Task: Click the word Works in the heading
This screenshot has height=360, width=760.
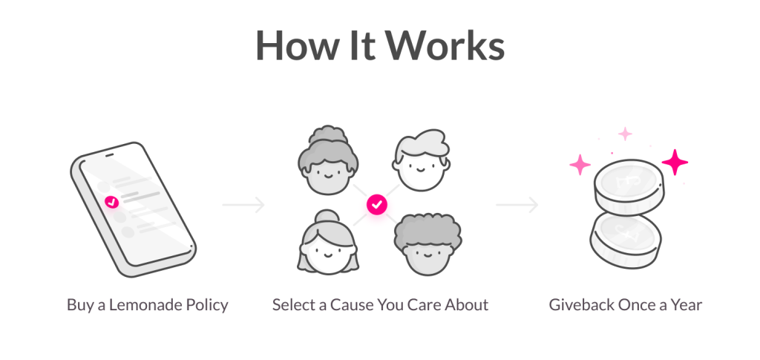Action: [445, 45]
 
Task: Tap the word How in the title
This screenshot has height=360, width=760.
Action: [295, 45]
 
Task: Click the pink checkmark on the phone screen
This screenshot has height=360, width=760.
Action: [112, 202]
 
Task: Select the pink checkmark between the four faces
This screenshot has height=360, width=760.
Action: [377, 204]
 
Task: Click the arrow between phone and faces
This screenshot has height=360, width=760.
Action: [243, 205]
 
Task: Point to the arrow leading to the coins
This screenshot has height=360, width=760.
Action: [517, 205]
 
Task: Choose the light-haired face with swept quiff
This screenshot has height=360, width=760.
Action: [421, 160]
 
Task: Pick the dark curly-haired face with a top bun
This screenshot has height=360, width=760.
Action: [328, 160]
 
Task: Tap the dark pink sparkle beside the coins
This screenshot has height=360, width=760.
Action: [675, 163]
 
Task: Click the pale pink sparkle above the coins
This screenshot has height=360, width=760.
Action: [625, 134]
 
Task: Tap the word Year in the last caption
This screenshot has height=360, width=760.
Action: [686, 305]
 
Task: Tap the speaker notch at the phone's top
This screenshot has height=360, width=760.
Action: [110, 155]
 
